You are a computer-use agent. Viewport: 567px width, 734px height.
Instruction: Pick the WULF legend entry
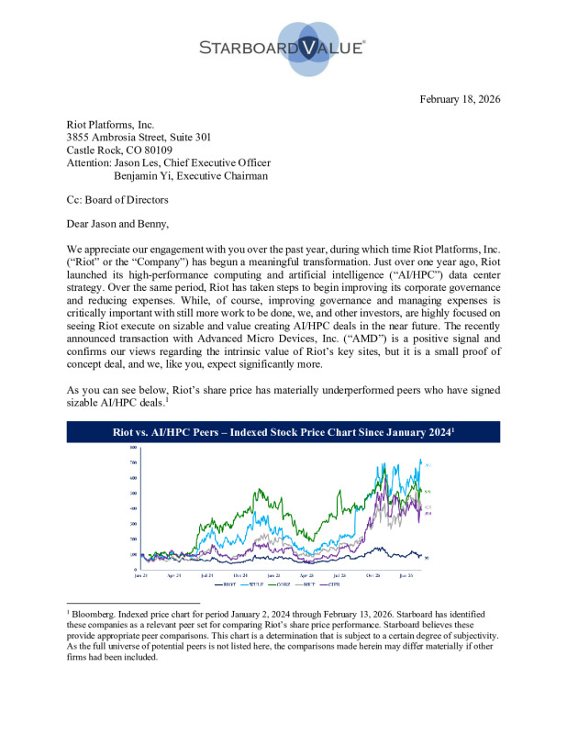pyautogui.click(x=250, y=583)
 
